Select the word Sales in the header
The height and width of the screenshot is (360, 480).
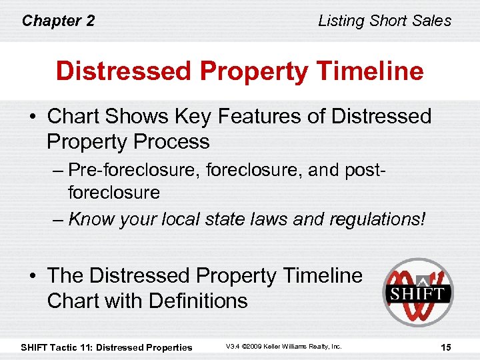[432, 21]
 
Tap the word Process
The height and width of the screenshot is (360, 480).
[173, 141]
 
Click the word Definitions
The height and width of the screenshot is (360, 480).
[198, 300]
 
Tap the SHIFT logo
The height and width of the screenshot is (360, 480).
[417, 292]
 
